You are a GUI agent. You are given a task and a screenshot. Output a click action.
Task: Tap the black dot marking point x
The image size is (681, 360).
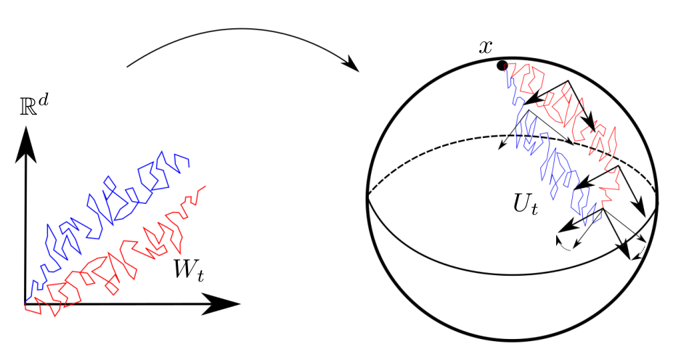click(501, 66)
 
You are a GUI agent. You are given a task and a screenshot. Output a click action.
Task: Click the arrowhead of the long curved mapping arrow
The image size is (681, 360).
click(353, 67)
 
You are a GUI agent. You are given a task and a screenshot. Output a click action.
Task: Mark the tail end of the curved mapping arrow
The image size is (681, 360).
click(128, 67)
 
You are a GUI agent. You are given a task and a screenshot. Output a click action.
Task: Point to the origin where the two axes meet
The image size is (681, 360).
click(26, 303)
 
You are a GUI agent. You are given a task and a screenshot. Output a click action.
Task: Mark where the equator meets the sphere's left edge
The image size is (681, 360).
click(368, 195)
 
